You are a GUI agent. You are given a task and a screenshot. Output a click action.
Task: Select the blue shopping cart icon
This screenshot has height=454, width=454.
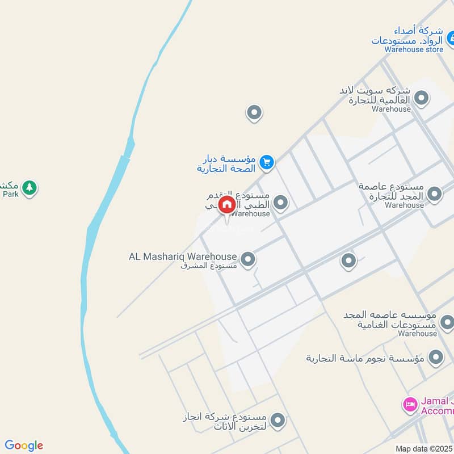pos(266,163)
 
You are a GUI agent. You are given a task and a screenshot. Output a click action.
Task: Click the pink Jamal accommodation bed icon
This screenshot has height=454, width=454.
pos(409,405)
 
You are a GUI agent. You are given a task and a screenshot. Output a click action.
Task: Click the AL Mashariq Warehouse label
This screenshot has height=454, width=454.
pos(182,257)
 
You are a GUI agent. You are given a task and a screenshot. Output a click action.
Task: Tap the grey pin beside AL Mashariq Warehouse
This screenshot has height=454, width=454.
pos(247,259)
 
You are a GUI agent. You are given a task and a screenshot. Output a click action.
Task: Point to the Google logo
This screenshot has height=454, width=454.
pos(24,445)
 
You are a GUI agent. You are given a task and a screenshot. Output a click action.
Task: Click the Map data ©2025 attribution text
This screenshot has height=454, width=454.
pos(424,448)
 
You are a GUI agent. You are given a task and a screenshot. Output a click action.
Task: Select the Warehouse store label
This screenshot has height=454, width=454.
pos(413,49)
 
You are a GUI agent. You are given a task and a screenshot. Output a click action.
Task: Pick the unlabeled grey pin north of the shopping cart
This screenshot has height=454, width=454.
pos(254,112)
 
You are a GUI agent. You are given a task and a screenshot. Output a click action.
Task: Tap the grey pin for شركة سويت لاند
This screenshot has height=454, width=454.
pos(421,99)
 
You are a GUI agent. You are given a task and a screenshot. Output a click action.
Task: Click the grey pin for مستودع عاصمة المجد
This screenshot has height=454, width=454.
pos(434,194)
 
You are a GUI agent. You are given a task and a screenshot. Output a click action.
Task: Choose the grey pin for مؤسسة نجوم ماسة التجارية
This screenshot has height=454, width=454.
pos(435,357)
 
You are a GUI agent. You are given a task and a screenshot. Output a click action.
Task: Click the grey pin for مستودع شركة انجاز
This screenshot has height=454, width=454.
pos(277,421)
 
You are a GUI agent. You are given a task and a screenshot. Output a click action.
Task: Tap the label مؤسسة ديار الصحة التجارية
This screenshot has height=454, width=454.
pos(226,163)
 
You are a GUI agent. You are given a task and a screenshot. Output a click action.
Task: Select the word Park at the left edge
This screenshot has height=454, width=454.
pos(10,194)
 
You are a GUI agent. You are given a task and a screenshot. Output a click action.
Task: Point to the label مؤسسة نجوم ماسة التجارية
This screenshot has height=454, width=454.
pos(365,358)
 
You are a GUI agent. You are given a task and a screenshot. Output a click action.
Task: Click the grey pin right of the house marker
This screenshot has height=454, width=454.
pos(280,202)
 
